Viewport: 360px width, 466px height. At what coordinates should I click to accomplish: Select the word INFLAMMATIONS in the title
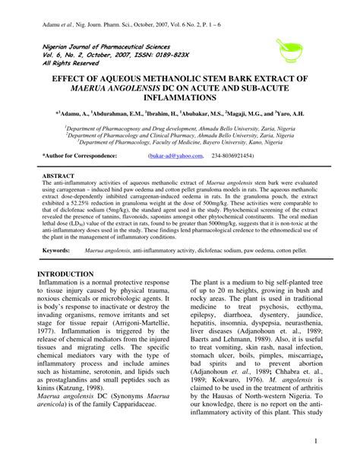tap(180, 98)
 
